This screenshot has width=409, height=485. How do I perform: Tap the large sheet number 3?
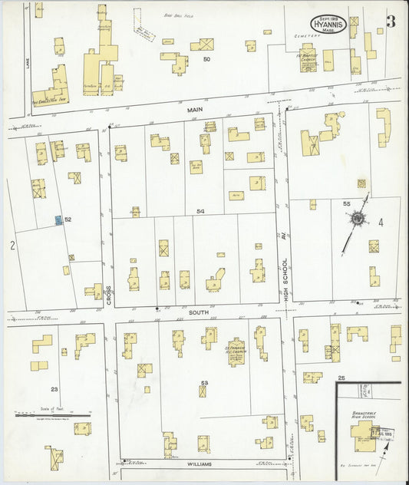(x=391, y=22)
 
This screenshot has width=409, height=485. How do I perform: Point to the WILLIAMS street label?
(x=199, y=464)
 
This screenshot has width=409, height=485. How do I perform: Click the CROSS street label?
(x=108, y=295)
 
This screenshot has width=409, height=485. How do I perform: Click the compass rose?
(x=357, y=219)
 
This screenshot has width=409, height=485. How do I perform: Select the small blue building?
(x=58, y=220)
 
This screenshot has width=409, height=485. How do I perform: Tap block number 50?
(x=206, y=59)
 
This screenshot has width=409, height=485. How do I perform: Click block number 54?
(x=200, y=210)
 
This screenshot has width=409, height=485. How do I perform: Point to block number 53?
(x=204, y=381)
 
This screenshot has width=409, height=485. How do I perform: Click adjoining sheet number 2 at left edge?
(x=12, y=246)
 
